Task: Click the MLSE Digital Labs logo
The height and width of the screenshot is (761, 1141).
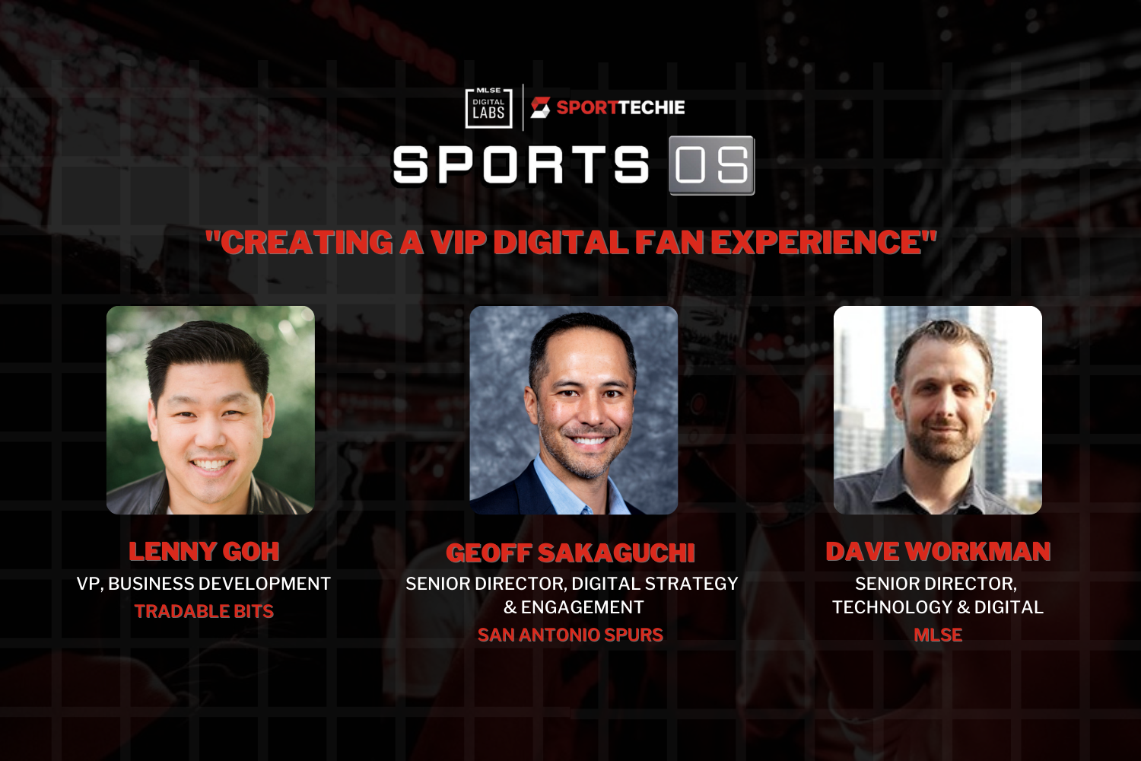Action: tap(488, 107)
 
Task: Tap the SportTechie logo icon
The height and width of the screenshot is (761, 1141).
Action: tap(540, 107)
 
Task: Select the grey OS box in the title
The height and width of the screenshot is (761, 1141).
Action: tap(711, 165)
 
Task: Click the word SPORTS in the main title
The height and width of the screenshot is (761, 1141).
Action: tap(521, 165)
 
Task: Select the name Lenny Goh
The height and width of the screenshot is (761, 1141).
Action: tap(204, 552)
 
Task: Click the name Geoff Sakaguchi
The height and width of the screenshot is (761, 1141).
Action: tap(570, 553)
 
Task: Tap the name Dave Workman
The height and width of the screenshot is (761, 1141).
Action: tap(938, 552)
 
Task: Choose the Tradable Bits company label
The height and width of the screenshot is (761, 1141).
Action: tap(204, 611)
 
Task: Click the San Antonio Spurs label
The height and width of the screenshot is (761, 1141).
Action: tap(570, 635)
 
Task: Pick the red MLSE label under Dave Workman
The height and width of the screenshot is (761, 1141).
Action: tap(938, 635)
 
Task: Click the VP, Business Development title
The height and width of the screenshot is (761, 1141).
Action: tap(204, 584)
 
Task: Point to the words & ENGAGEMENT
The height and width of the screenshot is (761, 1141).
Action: tap(574, 607)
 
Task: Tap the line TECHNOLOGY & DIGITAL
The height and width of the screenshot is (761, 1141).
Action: tap(938, 607)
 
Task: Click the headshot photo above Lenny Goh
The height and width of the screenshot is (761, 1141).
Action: tap(211, 410)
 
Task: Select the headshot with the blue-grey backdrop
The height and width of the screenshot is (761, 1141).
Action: tap(574, 410)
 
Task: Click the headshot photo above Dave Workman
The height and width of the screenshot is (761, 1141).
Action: tap(938, 410)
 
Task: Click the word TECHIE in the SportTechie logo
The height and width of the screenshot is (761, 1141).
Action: tap(651, 107)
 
